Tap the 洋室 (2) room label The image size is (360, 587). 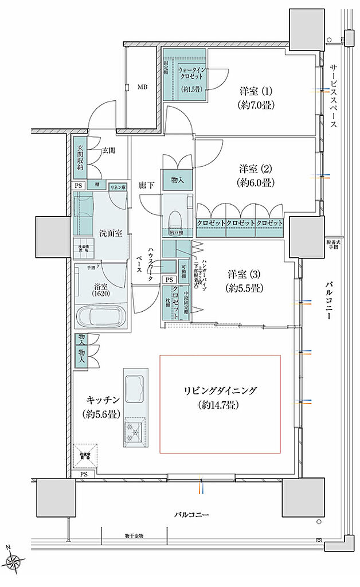tap(256, 176)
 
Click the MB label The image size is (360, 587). tap(142, 88)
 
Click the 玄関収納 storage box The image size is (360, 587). tap(80, 158)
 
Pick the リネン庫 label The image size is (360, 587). tap(118, 186)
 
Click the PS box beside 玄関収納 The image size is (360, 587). tap(78, 186)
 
